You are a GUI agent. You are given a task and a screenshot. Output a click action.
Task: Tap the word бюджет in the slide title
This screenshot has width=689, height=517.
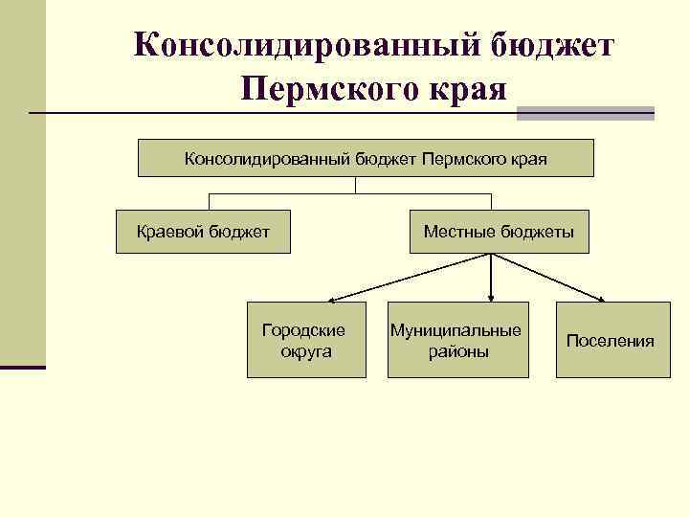coord(553,46)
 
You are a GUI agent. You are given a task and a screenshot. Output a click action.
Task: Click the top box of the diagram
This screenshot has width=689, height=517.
coord(366,158)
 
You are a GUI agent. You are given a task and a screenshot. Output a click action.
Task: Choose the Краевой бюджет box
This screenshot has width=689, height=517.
coord(203,232)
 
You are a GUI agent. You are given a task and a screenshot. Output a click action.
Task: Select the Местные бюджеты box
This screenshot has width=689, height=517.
coord(499,232)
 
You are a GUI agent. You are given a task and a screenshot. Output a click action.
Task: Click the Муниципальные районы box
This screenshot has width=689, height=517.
coord(456,340)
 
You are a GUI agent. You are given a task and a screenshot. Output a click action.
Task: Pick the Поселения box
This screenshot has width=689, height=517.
coord(610,341)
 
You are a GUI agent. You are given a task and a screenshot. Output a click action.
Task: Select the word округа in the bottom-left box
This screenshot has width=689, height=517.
coord(306,351)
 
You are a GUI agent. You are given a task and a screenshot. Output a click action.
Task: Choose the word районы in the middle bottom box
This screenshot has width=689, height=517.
coord(456,351)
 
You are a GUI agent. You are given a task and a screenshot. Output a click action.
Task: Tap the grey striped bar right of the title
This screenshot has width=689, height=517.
coord(585,112)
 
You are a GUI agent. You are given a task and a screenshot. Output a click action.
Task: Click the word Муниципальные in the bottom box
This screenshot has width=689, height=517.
coord(456,330)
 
